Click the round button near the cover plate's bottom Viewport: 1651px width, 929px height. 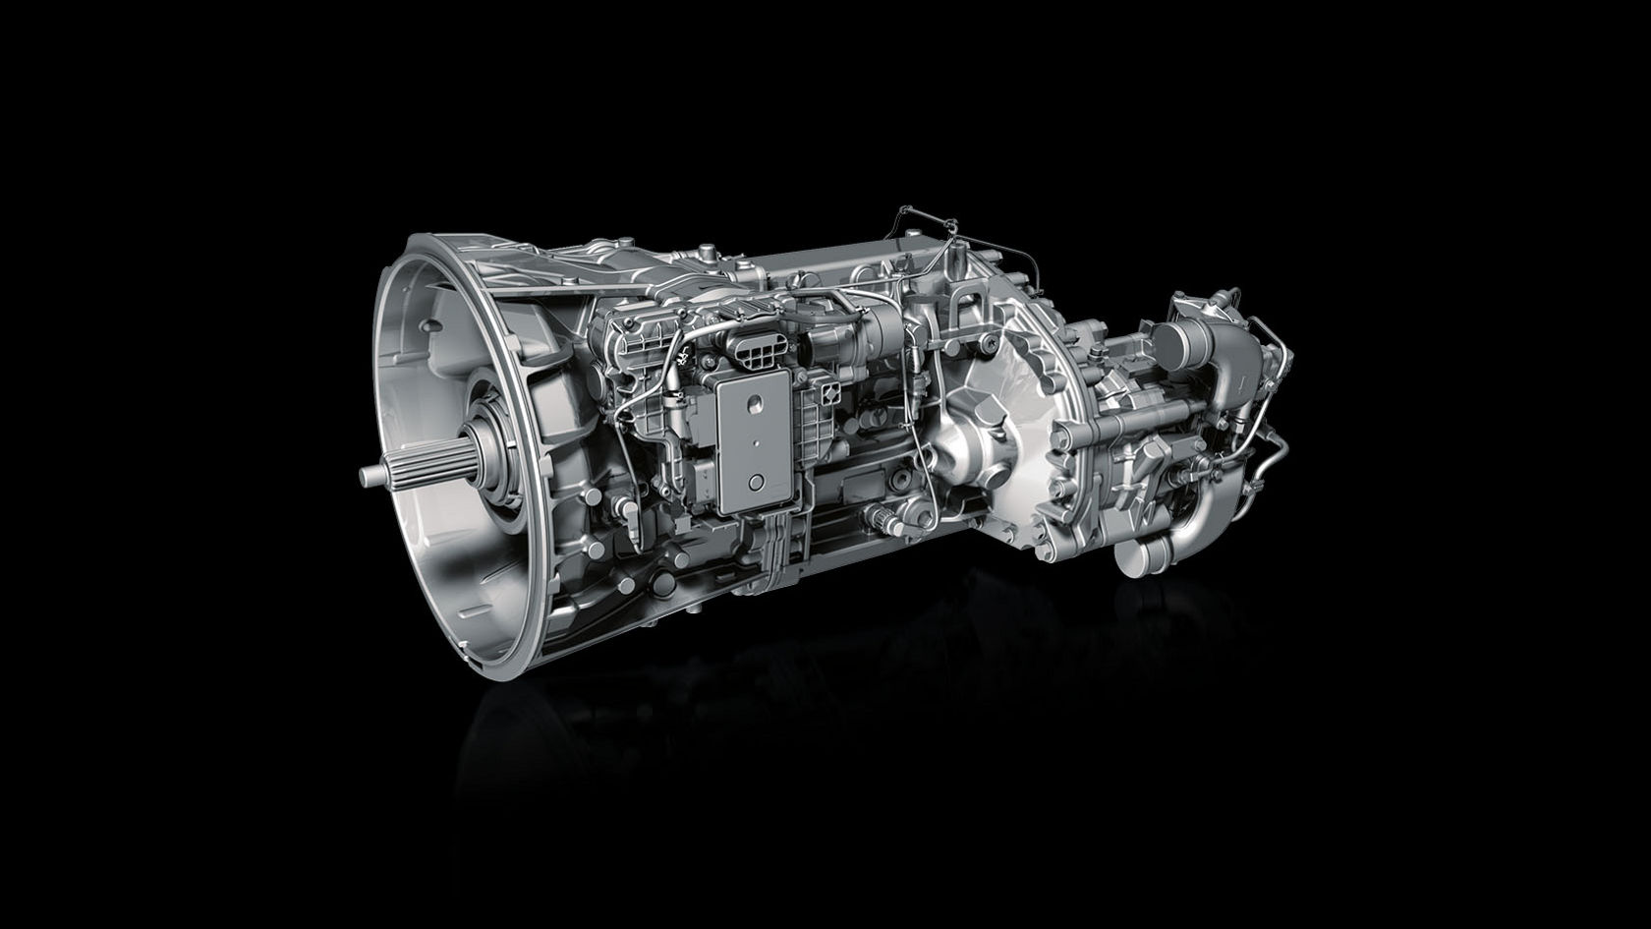click(756, 482)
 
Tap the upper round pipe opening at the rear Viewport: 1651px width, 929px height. click(1172, 339)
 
